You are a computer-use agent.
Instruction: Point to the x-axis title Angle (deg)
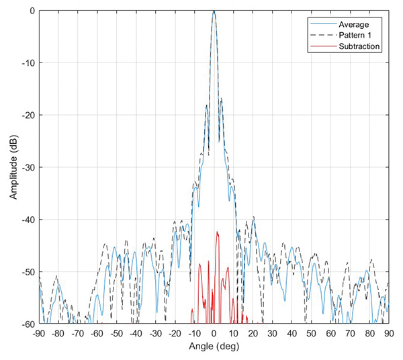[214, 348]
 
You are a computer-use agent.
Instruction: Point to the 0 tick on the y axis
[33, 11]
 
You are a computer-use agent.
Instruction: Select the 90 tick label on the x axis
[388, 333]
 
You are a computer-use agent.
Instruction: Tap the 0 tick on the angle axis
[214, 333]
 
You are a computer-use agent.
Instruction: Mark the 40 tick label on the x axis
[292, 333]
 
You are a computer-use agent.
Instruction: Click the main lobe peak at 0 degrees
[214, 12]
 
